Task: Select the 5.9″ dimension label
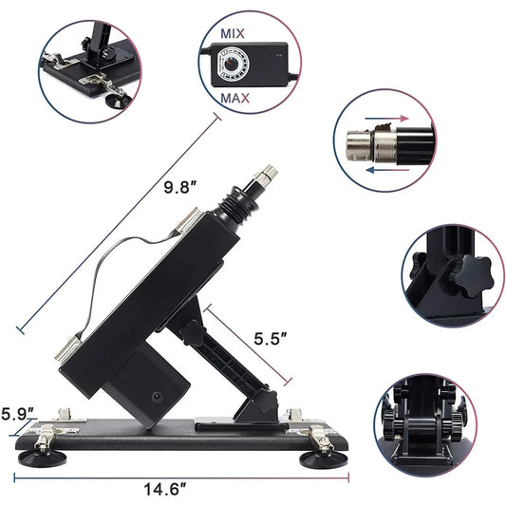[x=18, y=413]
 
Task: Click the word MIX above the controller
[x=233, y=33]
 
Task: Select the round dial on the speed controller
[x=233, y=65]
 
